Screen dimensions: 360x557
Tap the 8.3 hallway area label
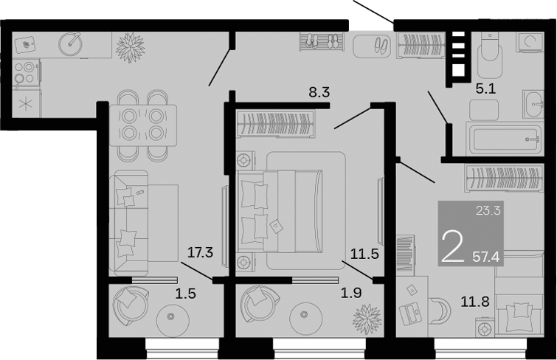(319, 93)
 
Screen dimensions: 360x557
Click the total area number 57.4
(485, 257)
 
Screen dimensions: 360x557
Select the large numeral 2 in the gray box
(452, 246)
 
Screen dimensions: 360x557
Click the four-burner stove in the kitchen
(25, 72)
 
